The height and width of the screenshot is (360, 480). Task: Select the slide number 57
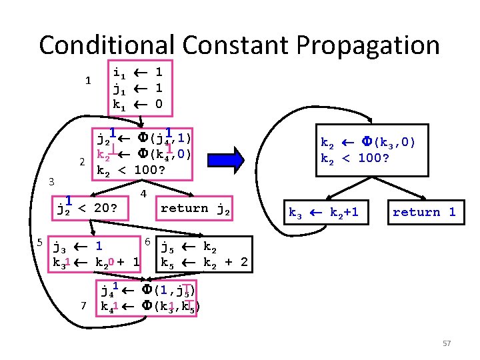tap(447, 343)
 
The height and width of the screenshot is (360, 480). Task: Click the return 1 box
tap(424, 212)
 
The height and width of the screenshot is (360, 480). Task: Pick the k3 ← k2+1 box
tap(323, 212)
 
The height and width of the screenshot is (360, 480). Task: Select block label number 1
tap(88, 81)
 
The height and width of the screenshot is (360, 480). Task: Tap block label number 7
tap(83, 306)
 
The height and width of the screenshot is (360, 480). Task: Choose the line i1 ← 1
tap(139, 71)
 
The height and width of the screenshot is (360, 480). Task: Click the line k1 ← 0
tap(139, 105)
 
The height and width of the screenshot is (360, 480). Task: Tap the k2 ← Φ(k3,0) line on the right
tap(369, 143)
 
